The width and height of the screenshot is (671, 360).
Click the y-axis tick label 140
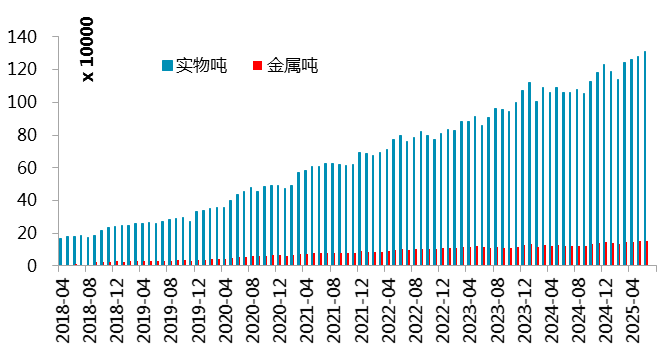coord(23,37)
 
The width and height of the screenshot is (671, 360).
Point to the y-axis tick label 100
coord(23,102)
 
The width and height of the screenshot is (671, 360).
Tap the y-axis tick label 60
coord(27,168)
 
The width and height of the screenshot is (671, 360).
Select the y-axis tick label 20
coord(27,233)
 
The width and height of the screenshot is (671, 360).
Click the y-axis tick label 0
coord(32,266)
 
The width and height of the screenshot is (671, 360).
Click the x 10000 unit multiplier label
coord(87,49)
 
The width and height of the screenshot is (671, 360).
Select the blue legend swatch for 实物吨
coord(166,66)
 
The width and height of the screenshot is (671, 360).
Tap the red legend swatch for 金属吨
coord(257,66)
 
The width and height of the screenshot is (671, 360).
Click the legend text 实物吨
coord(200,66)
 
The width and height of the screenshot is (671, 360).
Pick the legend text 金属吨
coord(292,66)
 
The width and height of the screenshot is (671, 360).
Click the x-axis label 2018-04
coord(62,311)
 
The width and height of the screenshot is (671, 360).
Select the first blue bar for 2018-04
coord(61,252)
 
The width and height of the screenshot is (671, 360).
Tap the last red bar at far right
coord(649,254)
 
